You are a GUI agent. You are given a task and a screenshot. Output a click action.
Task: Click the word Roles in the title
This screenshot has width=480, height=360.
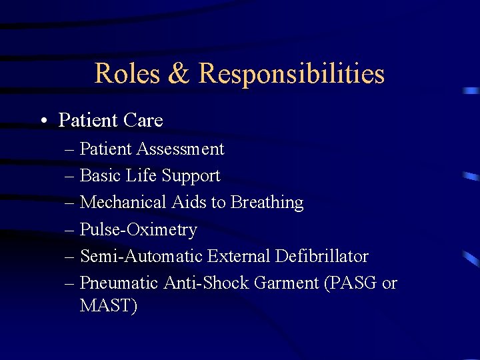point(127,73)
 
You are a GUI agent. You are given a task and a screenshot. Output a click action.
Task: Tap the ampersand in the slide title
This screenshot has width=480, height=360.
point(179,73)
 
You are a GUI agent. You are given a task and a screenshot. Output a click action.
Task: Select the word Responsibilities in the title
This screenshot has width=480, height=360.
point(291,73)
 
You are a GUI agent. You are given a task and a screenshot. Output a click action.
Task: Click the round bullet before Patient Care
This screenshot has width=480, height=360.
point(43,121)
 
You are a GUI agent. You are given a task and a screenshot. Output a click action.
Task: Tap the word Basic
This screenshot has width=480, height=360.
point(99,175)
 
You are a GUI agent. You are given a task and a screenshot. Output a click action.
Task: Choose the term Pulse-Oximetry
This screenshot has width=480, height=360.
point(138,229)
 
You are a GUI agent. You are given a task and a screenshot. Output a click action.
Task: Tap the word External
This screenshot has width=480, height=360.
point(238,256)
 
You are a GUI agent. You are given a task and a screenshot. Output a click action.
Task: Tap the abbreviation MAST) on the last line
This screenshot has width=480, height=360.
point(108,307)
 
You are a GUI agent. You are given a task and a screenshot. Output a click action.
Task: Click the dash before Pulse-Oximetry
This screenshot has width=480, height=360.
point(71,230)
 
